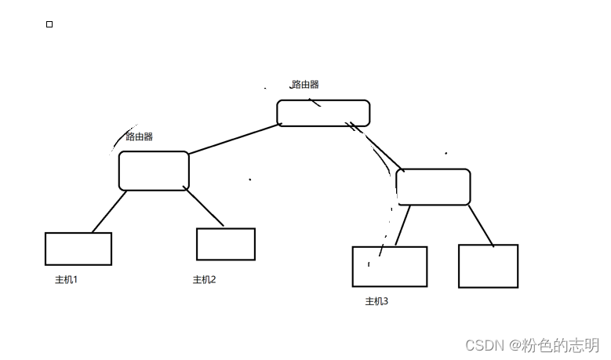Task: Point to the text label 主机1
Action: click(x=66, y=280)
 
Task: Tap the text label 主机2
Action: click(x=204, y=280)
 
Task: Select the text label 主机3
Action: click(x=376, y=301)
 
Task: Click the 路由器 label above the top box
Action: click(x=305, y=84)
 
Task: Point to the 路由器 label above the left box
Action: click(x=139, y=136)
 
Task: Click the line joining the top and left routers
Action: click(x=235, y=139)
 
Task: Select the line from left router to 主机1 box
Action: click(x=110, y=212)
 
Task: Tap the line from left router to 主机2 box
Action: click(x=203, y=206)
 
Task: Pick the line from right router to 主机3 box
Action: click(x=402, y=225)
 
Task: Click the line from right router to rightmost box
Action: click(x=481, y=226)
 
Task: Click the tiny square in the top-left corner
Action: click(x=49, y=24)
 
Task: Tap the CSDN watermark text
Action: click(x=533, y=345)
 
